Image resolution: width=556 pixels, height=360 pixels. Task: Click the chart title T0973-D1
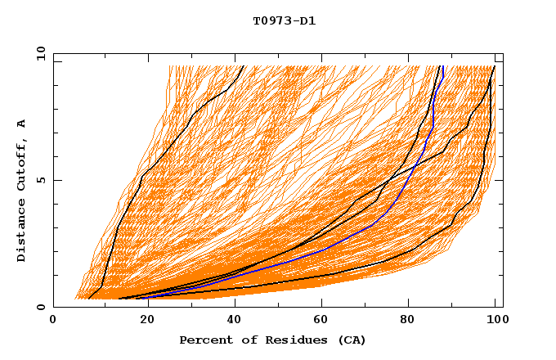[x=284, y=20]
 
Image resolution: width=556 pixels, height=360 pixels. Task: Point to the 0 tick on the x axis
[x=53, y=321]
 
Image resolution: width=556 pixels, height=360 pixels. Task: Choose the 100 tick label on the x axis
[x=495, y=321]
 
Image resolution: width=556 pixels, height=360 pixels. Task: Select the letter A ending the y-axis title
[x=22, y=124]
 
